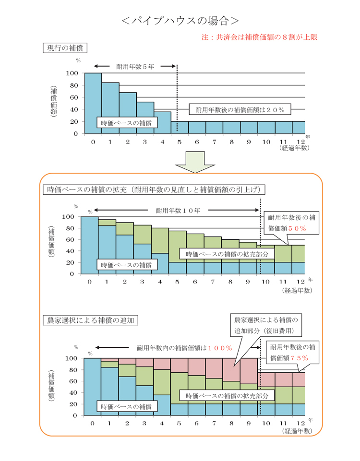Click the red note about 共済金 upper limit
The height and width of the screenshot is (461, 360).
tap(260, 36)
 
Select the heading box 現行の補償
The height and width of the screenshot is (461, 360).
tap(65, 48)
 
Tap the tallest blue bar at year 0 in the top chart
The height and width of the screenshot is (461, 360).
tap(93, 103)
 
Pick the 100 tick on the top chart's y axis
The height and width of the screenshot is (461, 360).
tap(72, 73)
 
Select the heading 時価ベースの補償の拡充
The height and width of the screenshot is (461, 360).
tap(154, 189)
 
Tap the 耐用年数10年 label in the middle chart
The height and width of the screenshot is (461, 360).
tap(178, 210)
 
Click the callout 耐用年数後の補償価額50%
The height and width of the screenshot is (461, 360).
tap(287, 223)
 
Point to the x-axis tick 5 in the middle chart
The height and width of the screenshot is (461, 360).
tap(178, 282)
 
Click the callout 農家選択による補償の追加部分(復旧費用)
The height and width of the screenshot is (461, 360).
tap(266, 325)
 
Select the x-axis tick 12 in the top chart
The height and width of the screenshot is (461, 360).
tap(301, 142)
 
